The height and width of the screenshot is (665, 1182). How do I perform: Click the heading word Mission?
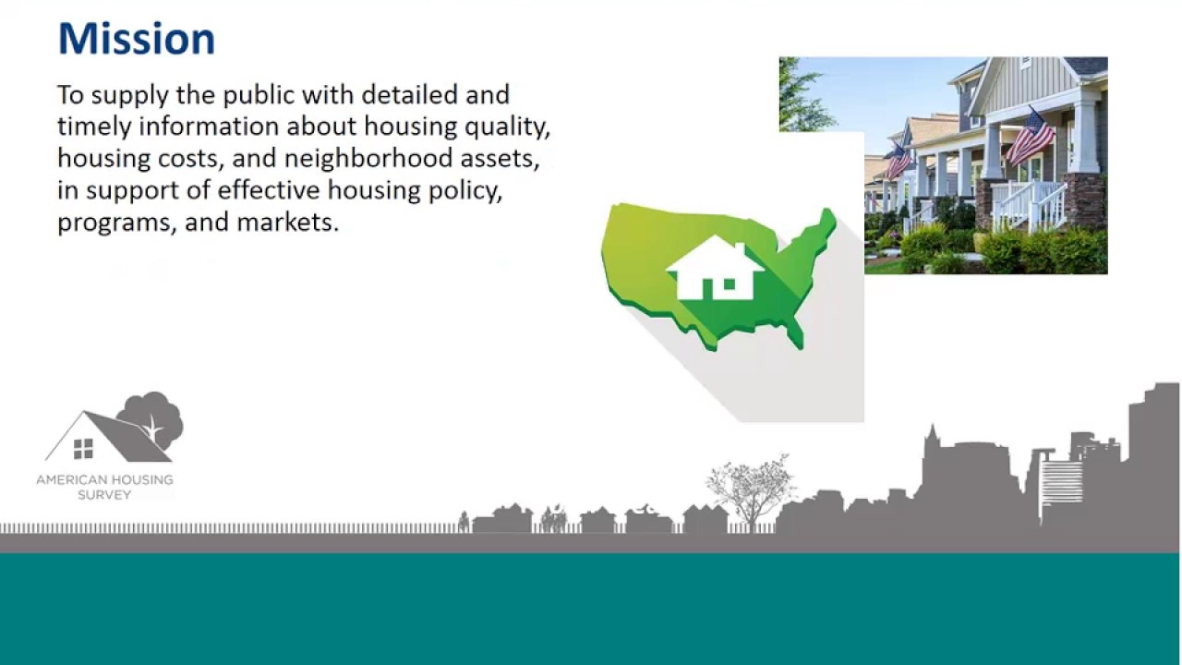(136, 40)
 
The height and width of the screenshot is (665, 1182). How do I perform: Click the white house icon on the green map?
(716, 268)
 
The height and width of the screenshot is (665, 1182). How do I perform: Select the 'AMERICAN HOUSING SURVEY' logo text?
(104, 487)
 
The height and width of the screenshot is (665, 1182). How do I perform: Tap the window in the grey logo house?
(83, 449)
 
